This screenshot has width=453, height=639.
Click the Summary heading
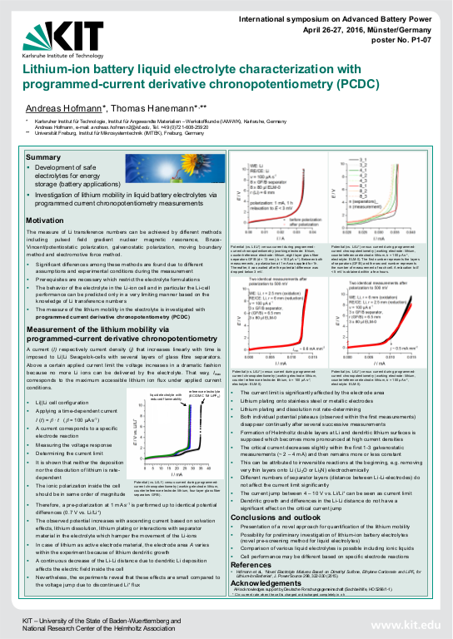[43, 157]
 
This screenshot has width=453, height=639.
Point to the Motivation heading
[47, 220]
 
